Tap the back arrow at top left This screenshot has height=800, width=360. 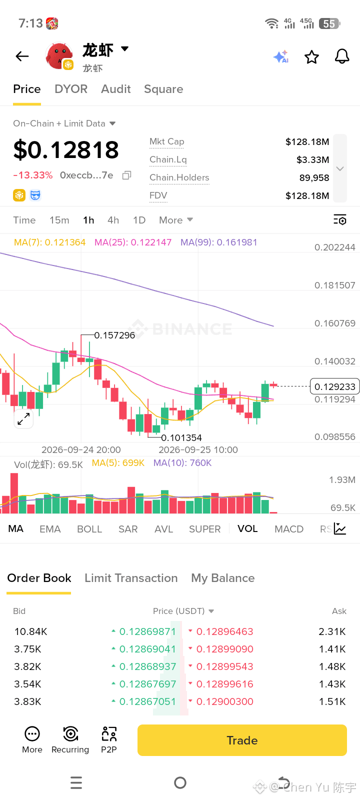tap(22, 56)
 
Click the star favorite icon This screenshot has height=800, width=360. tap(311, 57)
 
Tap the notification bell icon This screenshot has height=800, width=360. tap(342, 56)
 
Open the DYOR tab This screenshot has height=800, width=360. tap(71, 89)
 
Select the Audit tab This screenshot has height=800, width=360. tap(115, 89)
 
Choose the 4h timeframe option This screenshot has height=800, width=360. tap(113, 220)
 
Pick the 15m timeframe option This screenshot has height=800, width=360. tap(59, 220)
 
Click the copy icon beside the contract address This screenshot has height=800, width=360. tap(127, 175)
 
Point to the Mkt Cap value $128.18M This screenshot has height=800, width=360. tap(307, 142)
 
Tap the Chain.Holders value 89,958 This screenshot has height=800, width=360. tap(314, 177)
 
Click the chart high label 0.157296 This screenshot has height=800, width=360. tap(114, 335)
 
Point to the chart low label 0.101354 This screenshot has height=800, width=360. tap(181, 437)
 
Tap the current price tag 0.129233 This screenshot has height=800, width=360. tap(334, 386)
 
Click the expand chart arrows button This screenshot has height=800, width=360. tap(23, 419)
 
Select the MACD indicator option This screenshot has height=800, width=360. tap(289, 529)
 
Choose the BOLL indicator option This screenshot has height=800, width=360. tap(89, 529)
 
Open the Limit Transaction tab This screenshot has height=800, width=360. tap(131, 578)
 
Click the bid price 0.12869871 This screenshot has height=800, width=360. tap(147, 631)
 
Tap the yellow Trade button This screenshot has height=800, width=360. tap(242, 740)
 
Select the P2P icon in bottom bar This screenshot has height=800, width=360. tap(109, 740)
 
